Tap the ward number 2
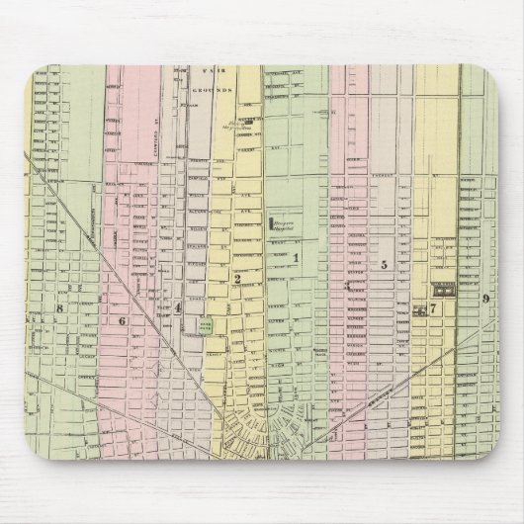(238, 280)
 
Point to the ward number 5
(383, 264)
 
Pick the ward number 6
(124, 320)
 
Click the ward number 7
(432, 307)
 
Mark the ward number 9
(485, 299)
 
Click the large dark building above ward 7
(441, 289)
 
